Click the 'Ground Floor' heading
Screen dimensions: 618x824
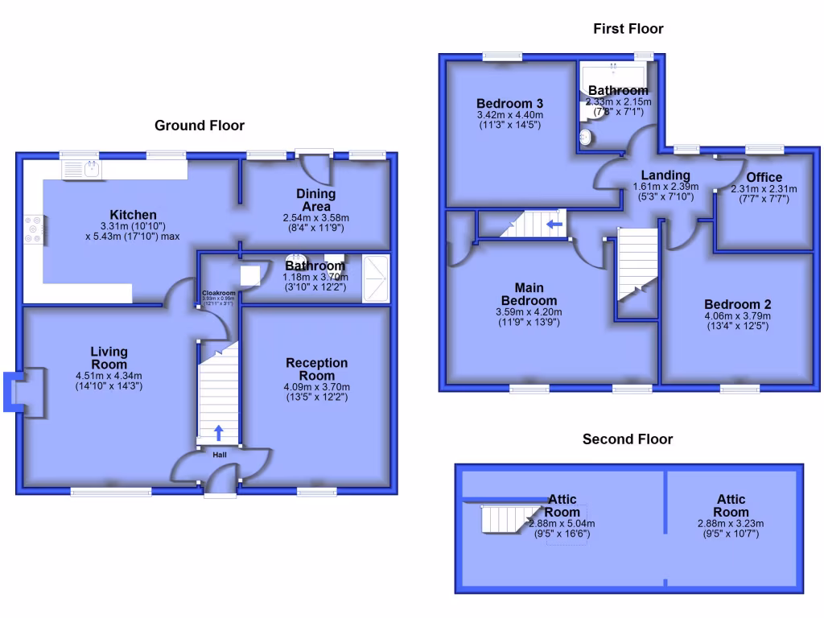[200, 126]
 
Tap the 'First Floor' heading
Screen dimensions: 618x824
[628, 29]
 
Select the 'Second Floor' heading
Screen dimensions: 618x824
[628, 439]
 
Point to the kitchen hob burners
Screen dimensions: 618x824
[34, 229]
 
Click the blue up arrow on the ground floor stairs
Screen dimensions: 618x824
[219, 433]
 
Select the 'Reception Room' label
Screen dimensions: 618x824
[317, 369]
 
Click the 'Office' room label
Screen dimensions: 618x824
[764, 178]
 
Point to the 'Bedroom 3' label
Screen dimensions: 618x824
[509, 104]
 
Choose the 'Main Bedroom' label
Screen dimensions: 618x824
[529, 294]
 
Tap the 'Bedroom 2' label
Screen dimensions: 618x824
[737, 304]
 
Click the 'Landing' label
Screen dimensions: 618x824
[665, 175]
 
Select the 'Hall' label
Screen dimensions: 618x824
[220, 455]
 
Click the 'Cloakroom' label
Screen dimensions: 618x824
[218, 293]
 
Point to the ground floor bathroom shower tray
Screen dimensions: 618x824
[375, 278]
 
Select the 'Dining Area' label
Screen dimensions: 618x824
[316, 200]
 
